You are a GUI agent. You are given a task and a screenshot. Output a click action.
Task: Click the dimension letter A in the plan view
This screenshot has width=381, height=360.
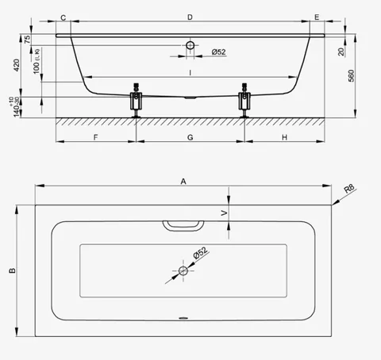183,182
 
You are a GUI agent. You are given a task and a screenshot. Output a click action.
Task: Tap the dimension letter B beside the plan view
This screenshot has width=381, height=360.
13,270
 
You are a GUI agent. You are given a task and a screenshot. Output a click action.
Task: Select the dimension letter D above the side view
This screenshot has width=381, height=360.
190,17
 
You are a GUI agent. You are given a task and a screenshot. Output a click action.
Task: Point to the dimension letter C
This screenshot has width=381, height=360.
63,17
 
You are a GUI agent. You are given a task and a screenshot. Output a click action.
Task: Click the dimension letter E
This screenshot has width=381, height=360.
317,17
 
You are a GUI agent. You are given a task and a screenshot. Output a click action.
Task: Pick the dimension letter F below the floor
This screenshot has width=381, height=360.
95,137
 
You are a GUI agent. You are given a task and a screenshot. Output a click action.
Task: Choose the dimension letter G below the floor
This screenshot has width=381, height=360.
190,137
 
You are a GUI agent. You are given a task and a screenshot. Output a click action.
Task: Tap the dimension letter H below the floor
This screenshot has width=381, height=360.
284,137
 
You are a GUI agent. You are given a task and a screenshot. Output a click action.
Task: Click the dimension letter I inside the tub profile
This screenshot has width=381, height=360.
190,72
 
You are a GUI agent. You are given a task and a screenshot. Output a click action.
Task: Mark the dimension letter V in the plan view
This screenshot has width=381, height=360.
225,213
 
